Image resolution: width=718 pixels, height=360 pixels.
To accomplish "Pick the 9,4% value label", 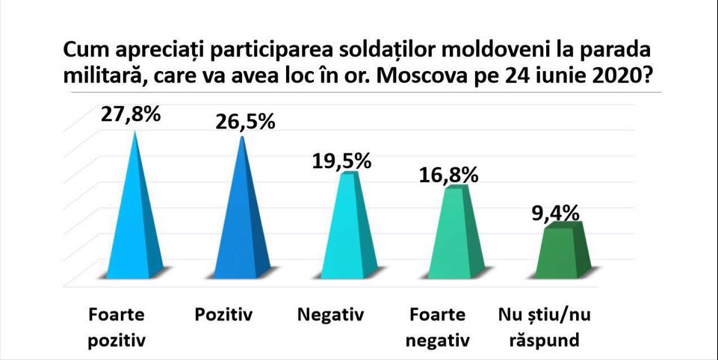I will coord(558,213).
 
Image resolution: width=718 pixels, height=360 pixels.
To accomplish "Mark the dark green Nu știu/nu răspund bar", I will coord(558,250).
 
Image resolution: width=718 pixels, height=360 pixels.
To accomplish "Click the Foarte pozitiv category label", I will coord(116,326).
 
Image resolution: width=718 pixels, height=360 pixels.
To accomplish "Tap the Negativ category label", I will coord(329,314).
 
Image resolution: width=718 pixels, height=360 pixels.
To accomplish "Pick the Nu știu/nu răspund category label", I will coord(544,326).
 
